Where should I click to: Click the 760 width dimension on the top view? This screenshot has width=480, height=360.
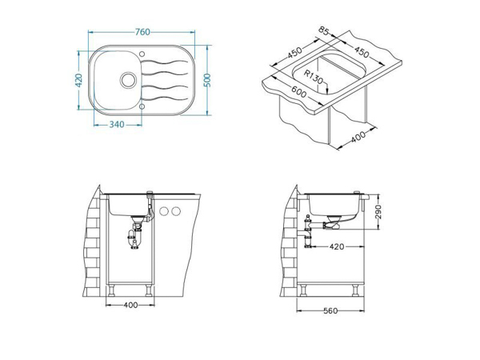point(143,32)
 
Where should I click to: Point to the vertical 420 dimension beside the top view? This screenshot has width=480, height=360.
point(78,81)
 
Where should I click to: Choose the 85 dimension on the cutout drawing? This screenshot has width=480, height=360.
point(323,34)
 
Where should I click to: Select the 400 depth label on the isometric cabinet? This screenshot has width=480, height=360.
point(358,135)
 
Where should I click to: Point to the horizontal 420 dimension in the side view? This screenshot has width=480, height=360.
point(337,247)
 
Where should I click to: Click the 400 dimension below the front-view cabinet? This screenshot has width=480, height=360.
point(130,305)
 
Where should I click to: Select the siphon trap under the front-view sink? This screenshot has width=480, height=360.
point(134,234)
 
